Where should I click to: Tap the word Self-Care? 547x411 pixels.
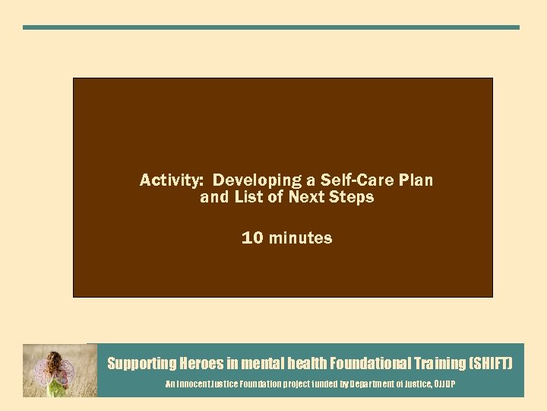click(x=352, y=180)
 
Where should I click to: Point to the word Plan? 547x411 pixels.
click(x=416, y=180)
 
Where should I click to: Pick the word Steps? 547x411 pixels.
click(x=351, y=197)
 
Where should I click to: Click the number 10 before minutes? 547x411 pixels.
click(x=252, y=238)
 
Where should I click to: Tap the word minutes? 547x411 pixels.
click(x=300, y=238)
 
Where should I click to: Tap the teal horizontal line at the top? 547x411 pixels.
click(x=271, y=27)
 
